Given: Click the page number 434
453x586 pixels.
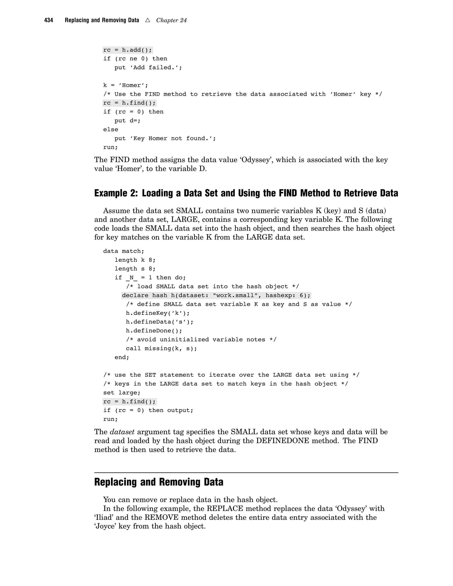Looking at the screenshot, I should tap(49, 20).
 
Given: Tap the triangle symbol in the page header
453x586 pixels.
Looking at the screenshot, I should tap(148, 20).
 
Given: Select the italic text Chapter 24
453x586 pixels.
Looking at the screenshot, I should tap(171, 20).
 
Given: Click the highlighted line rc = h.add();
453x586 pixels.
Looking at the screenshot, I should tap(127, 50).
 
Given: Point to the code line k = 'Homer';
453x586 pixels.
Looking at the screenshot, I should tap(125, 85).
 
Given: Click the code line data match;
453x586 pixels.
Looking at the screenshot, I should tap(124, 251).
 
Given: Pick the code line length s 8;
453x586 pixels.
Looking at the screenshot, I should tap(135, 269).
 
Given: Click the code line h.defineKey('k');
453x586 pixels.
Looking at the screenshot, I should tap(158, 313).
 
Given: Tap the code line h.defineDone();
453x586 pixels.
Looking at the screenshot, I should tap(154, 331).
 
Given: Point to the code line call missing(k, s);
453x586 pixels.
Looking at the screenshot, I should tap(161, 349).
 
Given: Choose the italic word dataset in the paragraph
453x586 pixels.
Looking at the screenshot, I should tap(122, 432).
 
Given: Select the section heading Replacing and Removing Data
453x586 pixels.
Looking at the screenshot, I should tap(159, 482).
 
